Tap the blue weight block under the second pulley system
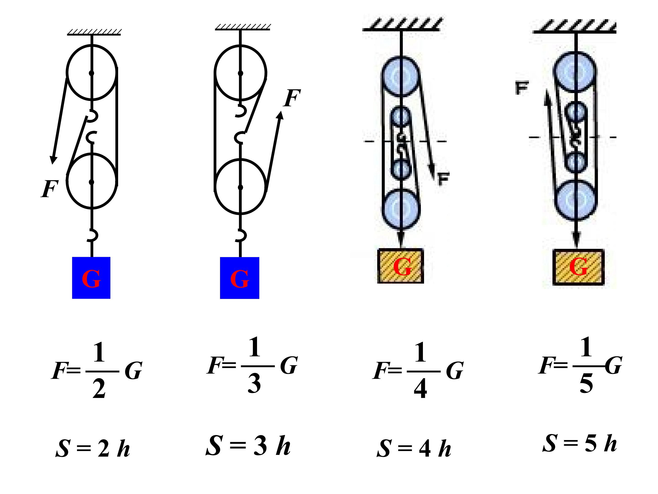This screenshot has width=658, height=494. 239,278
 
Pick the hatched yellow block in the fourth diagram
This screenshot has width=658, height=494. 578,267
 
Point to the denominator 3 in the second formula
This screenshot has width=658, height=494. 254,383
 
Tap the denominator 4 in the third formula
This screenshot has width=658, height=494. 420,389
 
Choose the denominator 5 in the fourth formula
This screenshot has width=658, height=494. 586,383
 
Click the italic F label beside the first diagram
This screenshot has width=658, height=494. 49,189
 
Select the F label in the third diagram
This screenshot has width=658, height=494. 443,179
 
